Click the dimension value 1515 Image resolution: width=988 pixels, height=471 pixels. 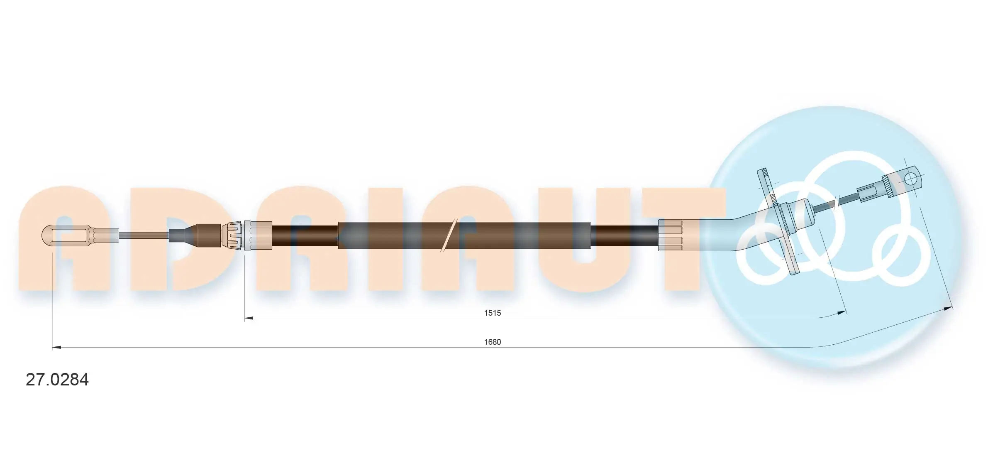click(x=492, y=313)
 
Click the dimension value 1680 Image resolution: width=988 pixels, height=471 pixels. click(x=492, y=342)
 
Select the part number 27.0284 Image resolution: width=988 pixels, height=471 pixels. click(x=57, y=380)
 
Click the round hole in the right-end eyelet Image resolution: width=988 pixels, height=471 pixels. click(x=910, y=179)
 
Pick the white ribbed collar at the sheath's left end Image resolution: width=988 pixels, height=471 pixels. click(x=258, y=235)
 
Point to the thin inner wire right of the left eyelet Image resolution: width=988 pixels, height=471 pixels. click(x=143, y=235)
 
